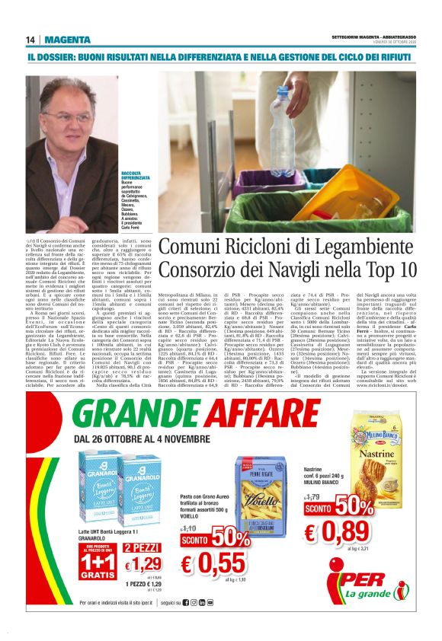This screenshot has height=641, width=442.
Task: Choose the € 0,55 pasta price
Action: (214, 563)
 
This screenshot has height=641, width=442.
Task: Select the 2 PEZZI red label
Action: (142, 547)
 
